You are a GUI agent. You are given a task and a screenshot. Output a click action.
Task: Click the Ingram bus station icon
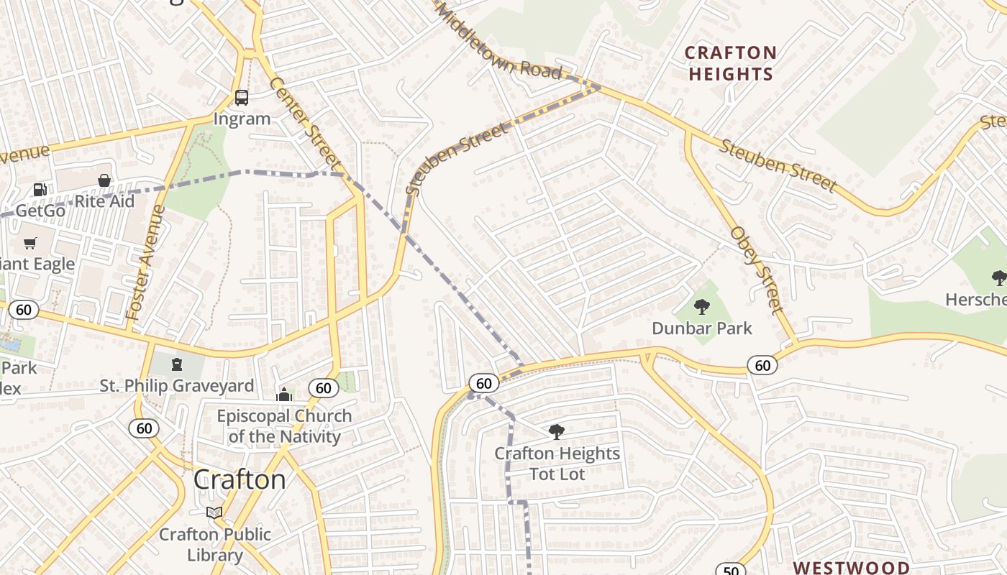pyautogui.click(x=242, y=98)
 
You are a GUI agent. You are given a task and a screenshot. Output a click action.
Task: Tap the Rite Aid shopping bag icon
pyautogui.click(x=104, y=180)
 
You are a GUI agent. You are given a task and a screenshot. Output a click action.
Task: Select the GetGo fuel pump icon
pyautogui.click(x=40, y=190)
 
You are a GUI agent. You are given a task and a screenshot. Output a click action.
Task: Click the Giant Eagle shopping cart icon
pyautogui.click(x=29, y=244)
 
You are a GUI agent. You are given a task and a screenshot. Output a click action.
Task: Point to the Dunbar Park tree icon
pyautogui.click(x=701, y=308)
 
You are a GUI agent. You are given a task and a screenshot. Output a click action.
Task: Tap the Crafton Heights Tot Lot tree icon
pyautogui.click(x=556, y=432)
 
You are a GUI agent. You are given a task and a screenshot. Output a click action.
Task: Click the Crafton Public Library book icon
pyautogui.click(x=214, y=513)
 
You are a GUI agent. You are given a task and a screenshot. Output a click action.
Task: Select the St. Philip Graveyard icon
pyautogui.click(x=177, y=364)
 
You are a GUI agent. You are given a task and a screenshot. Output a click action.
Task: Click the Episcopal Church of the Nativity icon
pyautogui.click(x=284, y=395)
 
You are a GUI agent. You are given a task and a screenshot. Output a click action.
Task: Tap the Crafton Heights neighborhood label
pyautogui.click(x=731, y=63)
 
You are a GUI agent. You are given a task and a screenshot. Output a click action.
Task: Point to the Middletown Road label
pyautogui.click(x=498, y=41)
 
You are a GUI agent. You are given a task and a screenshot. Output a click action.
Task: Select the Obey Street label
pyautogui.click(x=755, y=270)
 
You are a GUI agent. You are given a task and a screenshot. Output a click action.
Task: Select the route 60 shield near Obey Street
pyautogui.click(x=762, y=365)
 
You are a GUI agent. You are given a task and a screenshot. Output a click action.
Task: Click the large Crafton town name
pyautogui.click(x=240, y=479)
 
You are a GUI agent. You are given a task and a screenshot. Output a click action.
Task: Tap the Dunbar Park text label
pyautogui.click(x=701, y=328)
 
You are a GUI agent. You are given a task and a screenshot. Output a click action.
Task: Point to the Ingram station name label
pyautogui.click(x=242, y=119)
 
